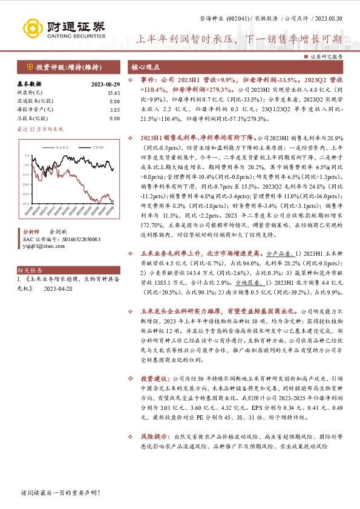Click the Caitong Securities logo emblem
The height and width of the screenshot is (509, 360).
coord(31,28)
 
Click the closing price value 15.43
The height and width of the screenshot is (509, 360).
coord(113,92)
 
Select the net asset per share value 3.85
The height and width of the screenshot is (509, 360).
coord(114,109)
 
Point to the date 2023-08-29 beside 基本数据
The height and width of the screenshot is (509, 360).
coord(105,84)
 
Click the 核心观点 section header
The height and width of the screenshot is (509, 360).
coord(145,67)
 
